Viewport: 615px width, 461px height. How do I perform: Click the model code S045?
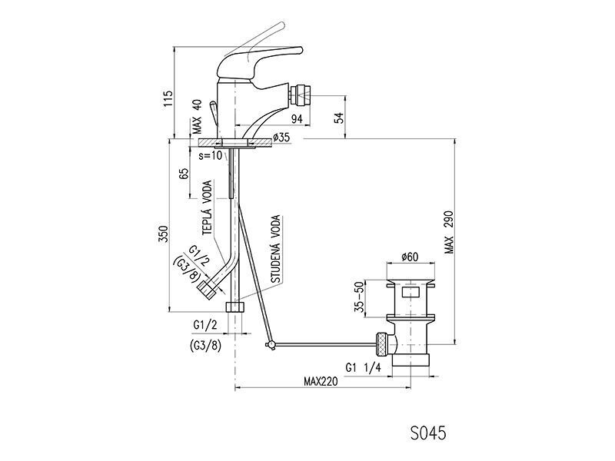click(x=428, y=433)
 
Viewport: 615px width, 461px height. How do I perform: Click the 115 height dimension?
click(x=168, y=99)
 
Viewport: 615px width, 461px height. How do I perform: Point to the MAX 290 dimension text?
click(x=449, y=233)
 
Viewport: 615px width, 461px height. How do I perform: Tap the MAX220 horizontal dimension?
click(x=321, y=381)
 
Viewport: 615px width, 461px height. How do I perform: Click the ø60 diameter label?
click(x=410, y=257)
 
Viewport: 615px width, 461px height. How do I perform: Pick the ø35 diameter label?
click(x=281, y=138)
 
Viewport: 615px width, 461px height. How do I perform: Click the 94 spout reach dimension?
click(x=297, y=119)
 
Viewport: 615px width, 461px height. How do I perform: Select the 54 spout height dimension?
click(x=339, y=118)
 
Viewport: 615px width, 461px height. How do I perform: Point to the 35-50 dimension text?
click(x=359, y=297)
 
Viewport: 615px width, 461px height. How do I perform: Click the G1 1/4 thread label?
click(x=363, y=367)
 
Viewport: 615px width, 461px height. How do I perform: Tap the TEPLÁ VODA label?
click(x=207, y=207)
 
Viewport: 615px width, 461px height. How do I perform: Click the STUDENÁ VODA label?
click(x=276, y=249)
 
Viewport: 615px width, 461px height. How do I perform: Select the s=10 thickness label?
click(x=210, y=155)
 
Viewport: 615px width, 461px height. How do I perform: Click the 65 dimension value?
click(x=184, y=174)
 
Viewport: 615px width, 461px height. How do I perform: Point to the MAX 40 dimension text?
click(x=197, y=117)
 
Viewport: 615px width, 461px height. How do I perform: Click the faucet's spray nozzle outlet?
click(x=301, y=95)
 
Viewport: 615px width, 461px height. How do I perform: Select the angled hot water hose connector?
click(x=207, y=290)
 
